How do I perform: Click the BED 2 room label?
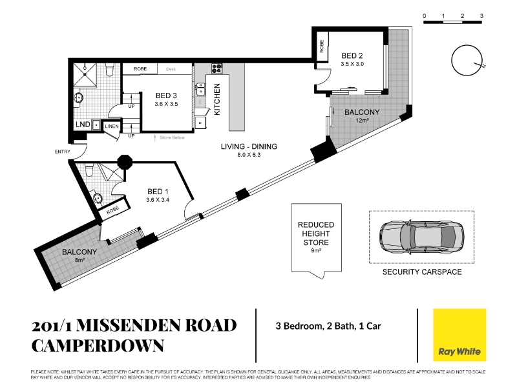[352, 55]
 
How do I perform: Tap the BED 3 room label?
[166, 95]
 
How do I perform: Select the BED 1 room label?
[158, 192]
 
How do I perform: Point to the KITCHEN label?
[217, 99]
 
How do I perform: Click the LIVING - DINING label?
[249, 146]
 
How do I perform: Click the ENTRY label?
[62, 152]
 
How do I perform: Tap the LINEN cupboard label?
[111, 126]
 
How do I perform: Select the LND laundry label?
[83, 124]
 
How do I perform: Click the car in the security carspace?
[422, 237]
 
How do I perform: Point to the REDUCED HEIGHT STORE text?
[316, 233]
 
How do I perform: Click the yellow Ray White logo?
[459, 335]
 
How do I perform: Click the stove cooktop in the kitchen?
[217, 69]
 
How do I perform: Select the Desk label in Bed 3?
[171, 69]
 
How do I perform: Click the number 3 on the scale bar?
[481, 15]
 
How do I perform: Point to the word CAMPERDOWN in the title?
[98, 346]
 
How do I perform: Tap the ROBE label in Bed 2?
[322, 46]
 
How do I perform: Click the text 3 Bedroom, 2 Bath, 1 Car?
[328, 326]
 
